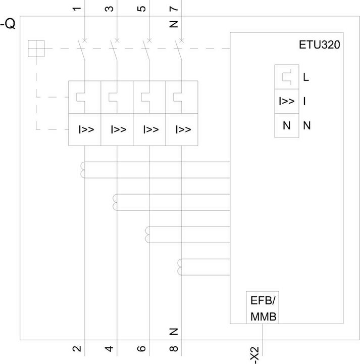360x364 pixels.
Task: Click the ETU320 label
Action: [320, 45]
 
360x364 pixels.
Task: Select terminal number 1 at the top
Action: [77, 9]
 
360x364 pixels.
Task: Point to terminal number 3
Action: [109, 9]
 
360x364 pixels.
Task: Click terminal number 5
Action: [141, 9]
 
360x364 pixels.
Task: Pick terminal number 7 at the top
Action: [174, 9]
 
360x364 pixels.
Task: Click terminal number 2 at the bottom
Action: [77, 349]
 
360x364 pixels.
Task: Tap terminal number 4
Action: [109, 349]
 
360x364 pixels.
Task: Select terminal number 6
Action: [141, 349]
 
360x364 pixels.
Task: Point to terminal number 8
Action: [174, 349]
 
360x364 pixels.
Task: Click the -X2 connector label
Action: [254, 355]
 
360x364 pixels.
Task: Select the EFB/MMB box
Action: [263, 307]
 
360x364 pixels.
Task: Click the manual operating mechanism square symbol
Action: [36, 49]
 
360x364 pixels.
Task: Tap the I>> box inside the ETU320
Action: [287, 101]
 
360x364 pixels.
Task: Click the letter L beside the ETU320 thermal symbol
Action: [306, 77]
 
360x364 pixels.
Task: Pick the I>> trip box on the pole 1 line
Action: [85, 129]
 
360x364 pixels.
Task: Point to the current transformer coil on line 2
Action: [115, 202]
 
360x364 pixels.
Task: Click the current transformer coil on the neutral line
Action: [179, 267]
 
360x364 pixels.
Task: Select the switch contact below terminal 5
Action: [146, 51]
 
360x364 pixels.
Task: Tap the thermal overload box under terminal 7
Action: [182, 97]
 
